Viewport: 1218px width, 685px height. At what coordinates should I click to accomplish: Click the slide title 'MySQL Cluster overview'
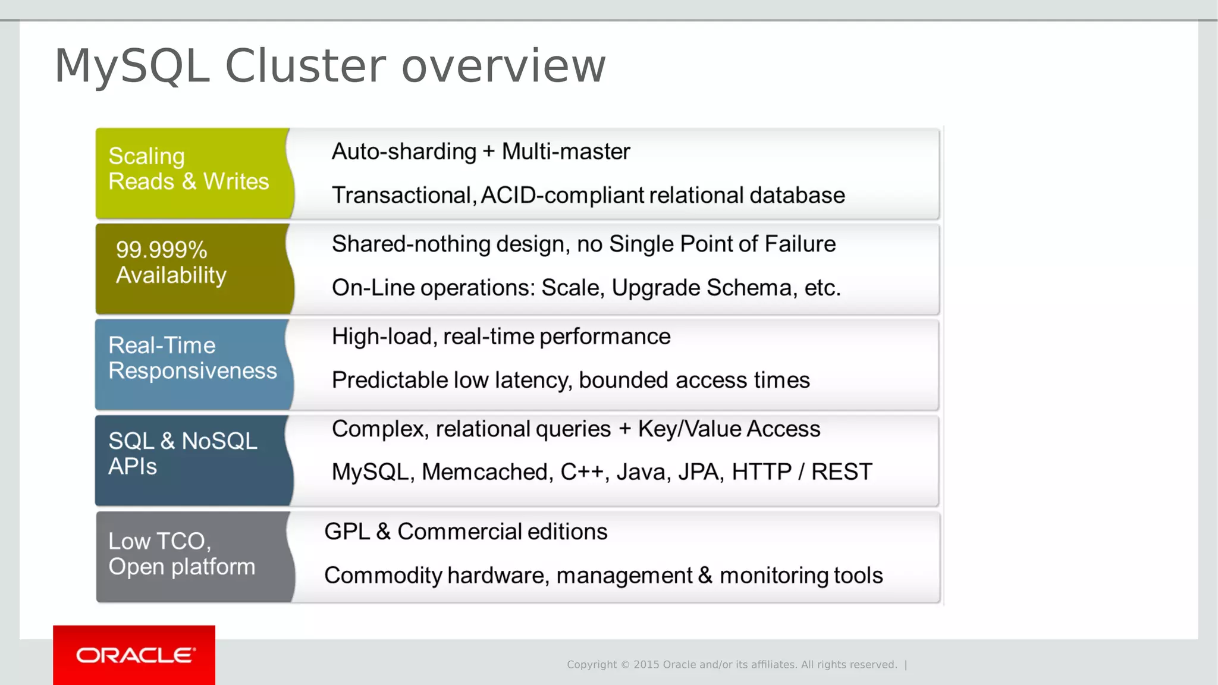tap(330, 66)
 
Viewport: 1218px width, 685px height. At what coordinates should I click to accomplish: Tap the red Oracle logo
tap(134, 655)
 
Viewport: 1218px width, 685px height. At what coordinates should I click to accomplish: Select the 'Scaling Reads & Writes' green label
tap(189, 169)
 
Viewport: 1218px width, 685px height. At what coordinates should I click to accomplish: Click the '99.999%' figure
tap(161, 250)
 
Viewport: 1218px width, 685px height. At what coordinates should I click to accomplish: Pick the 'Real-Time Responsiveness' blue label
tap(192, 358)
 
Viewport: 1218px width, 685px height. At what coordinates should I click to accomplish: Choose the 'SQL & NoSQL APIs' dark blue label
tap(183, 453)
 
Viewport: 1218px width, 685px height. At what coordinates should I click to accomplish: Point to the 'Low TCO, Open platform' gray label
tap(181, 554)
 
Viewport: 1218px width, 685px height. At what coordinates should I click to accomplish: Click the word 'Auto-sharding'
tap(404, 152)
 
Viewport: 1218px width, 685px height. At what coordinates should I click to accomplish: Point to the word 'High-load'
tap(382, 337)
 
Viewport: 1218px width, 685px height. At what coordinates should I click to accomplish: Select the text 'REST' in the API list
tap(842, 472)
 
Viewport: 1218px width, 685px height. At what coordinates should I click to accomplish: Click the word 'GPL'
tap(347, 532)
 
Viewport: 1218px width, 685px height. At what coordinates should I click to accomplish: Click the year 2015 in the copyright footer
tap(646, 665)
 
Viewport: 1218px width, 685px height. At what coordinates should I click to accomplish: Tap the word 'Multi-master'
tap(566, 152)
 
